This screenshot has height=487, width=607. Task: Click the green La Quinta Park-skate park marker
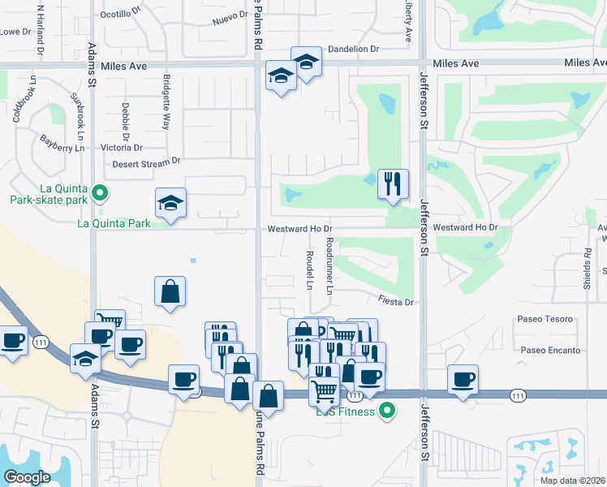coord(100,193)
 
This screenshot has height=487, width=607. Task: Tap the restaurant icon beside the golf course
coord(393,183)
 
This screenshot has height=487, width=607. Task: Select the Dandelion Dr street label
coord(352,49)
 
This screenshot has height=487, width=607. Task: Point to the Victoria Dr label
coord(122,148)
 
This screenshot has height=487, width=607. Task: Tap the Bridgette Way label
coord(166,103)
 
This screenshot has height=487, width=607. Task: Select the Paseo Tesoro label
coord(546,319)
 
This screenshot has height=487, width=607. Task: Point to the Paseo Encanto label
coord(551,351)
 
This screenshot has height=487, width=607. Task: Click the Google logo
coord(27,476)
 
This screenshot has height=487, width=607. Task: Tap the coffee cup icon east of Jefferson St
coord(463,379)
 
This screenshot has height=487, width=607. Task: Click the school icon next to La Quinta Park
coord(171,202)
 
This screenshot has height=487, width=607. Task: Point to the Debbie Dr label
coord(126,119)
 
